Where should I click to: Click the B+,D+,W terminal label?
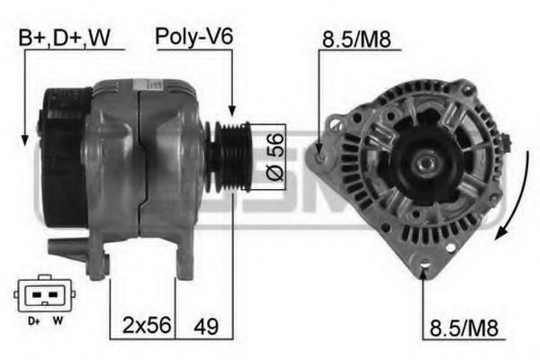pyautogui.click(x=65, y=38)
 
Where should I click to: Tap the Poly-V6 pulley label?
pyautogui.click(x=193, y=37)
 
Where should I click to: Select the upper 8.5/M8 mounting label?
pyautogui.click(x=356, y=40)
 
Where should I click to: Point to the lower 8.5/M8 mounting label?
pyautogui.click(x=463, y=328)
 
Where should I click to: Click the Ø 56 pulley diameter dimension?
pyautogui.click(x=275, y=157)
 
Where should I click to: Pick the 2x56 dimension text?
pyautogui.click(x=147, y=325)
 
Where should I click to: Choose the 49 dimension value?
pyautogui.click(x=206, y=326)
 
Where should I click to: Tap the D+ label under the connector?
pyautogui.click(x=34, y=321)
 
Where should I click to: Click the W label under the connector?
pyautogui.click(x=58, y=320)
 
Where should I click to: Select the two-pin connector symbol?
pyautogui.click(x=44, y=293)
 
